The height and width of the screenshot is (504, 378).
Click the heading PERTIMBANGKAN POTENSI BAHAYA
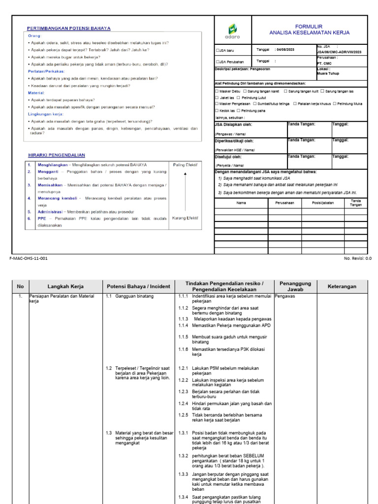coord(68,29)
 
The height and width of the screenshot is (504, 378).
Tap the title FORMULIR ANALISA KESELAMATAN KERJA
coord(309,29)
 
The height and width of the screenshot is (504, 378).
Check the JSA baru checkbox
coord(218,50)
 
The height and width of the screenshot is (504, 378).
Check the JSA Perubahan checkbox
coord(218,62)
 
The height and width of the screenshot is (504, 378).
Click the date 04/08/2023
coord(286,50)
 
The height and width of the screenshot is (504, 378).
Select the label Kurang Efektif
coord(185,218)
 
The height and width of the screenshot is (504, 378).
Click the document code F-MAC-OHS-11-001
coord(29,258)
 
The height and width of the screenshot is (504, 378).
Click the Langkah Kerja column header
coord(65,286)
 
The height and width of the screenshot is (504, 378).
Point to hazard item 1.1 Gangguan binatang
coord(129,297)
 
